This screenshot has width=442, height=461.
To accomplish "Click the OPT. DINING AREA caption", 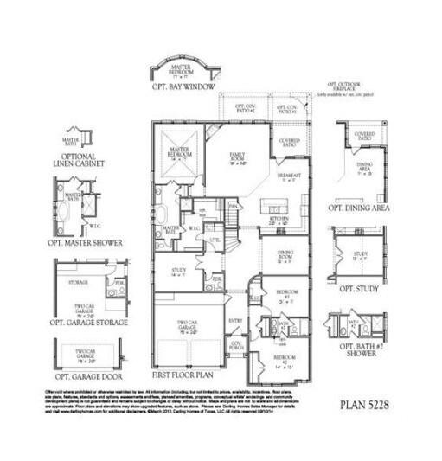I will tap(358, 208).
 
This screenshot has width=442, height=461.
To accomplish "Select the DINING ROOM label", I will tap(286, 254).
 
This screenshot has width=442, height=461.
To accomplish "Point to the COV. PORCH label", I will tap(235, 346).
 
